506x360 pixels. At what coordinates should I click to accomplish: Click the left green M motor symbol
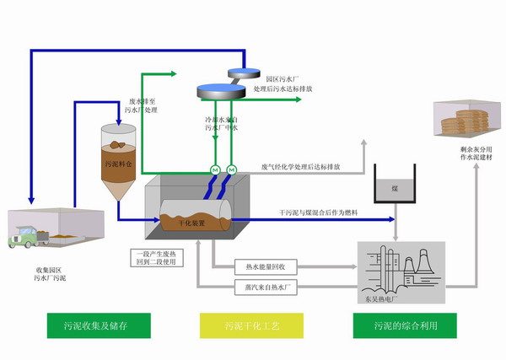click(214, 171)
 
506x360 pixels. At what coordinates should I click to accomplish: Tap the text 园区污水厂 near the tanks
click(281, 78)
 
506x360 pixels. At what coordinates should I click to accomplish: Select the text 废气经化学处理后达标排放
click(300, 166)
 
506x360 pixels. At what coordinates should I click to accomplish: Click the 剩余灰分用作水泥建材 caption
click(461, 152)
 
